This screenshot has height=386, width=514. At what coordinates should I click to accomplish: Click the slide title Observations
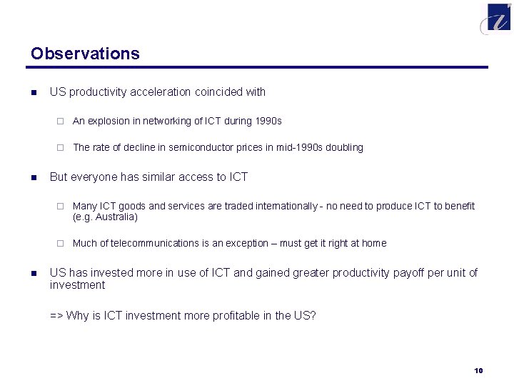[85, 54]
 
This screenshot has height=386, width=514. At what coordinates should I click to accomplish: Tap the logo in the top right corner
[497, 18]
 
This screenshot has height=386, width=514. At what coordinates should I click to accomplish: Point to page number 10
[478, 370]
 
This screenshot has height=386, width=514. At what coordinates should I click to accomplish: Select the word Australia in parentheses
[115, 217]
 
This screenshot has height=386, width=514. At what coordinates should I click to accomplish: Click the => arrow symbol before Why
[56, 315]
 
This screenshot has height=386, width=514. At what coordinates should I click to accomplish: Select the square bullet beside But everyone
[33, 177]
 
